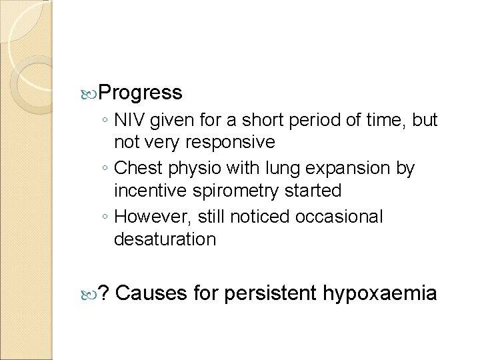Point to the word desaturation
(165, 239)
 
